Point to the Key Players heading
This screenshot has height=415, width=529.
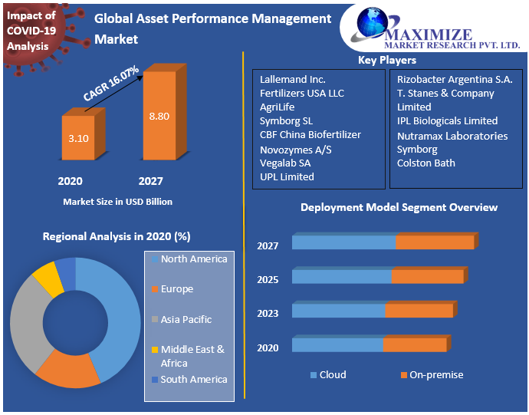387,60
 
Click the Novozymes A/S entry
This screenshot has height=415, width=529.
296,149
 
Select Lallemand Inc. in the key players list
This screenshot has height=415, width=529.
293,79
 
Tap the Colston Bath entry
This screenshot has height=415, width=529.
426,163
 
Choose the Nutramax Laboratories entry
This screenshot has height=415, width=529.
452,136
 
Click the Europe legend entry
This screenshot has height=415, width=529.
176,289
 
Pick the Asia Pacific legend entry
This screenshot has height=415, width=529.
186,319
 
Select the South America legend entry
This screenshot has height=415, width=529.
193,379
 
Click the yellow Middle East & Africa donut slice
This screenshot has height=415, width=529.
48,278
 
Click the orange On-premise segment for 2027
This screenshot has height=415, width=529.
435,242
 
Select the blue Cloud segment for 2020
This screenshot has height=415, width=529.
337,345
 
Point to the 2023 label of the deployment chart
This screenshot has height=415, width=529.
268,313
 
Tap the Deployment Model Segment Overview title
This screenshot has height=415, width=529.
399,207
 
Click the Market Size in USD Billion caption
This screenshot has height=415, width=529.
117,202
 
